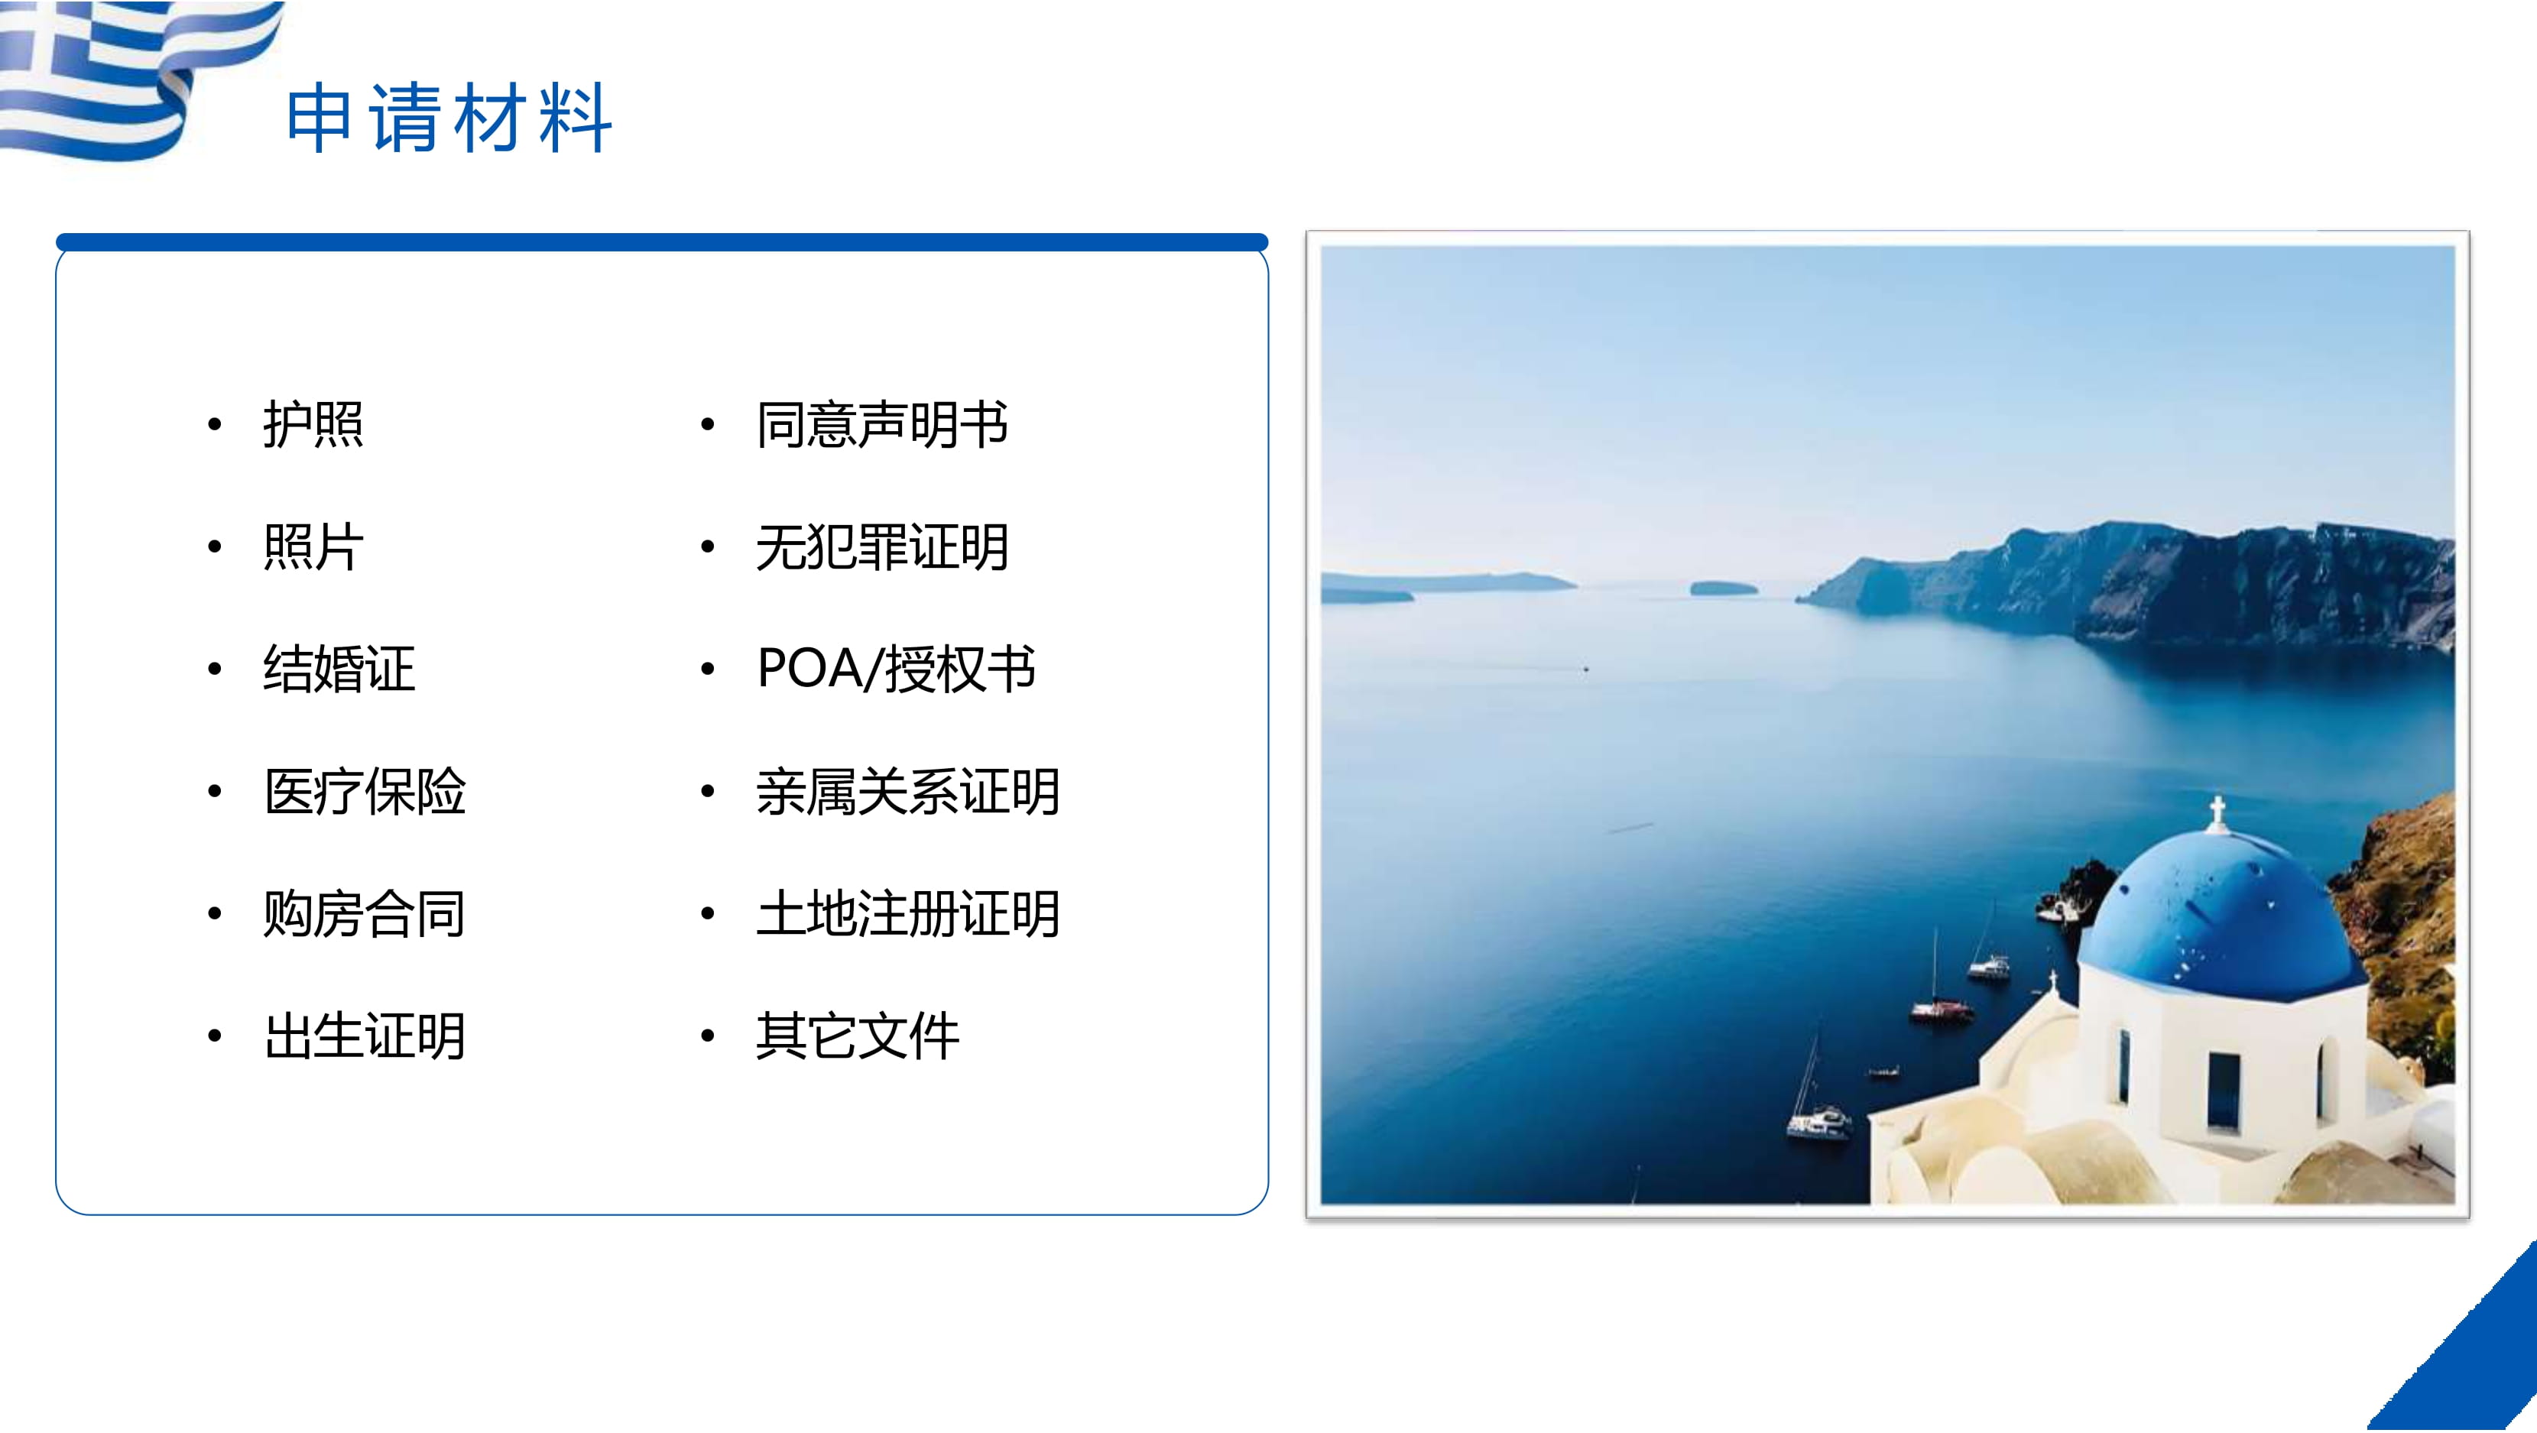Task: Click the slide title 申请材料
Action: point(449,118)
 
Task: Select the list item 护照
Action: point(313,424)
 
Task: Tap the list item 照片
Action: point(313,546)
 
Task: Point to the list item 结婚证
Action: point(339,669)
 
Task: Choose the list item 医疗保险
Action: point(365,791)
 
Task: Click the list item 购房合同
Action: point(365,913)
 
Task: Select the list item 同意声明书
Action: point(882,424)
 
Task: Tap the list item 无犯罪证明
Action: point(882,546)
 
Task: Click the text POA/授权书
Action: point(896,669)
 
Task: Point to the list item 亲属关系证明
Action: point(908,791)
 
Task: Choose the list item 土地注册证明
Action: point(908,913)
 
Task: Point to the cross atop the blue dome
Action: point(2217,812)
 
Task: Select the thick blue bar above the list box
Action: point(662,242)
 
